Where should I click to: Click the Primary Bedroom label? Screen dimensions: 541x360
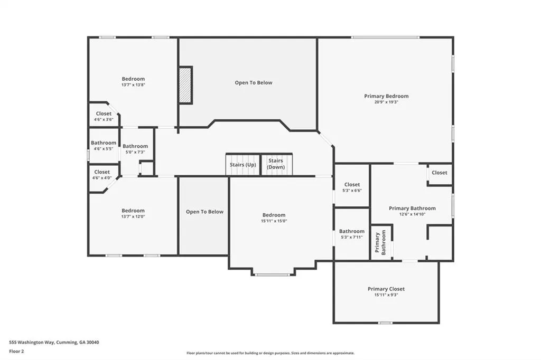tap(386, 96)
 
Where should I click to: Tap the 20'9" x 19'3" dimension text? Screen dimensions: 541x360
tap(386, 102)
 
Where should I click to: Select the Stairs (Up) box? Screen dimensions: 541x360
tap(243, 165)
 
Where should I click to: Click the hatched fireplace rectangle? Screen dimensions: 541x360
tap(185, 84)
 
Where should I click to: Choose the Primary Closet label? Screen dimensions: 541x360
tap(386, 289)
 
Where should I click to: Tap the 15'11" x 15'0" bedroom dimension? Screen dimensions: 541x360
tap(274, 221)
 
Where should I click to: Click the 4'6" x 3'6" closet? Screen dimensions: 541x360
tap(104, 116)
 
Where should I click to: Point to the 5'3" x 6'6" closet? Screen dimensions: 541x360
tap(352, 187)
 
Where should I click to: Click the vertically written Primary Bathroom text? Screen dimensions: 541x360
tap(380, 242)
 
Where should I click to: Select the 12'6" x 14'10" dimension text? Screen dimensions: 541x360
tap(412, 214)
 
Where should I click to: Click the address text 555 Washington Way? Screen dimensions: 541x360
tap(31, 343)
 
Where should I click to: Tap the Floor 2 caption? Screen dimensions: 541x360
tap(16, 352)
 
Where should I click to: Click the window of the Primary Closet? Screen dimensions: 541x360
tap(385, 323)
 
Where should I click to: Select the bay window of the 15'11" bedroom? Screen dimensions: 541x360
tap(273, 274)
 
